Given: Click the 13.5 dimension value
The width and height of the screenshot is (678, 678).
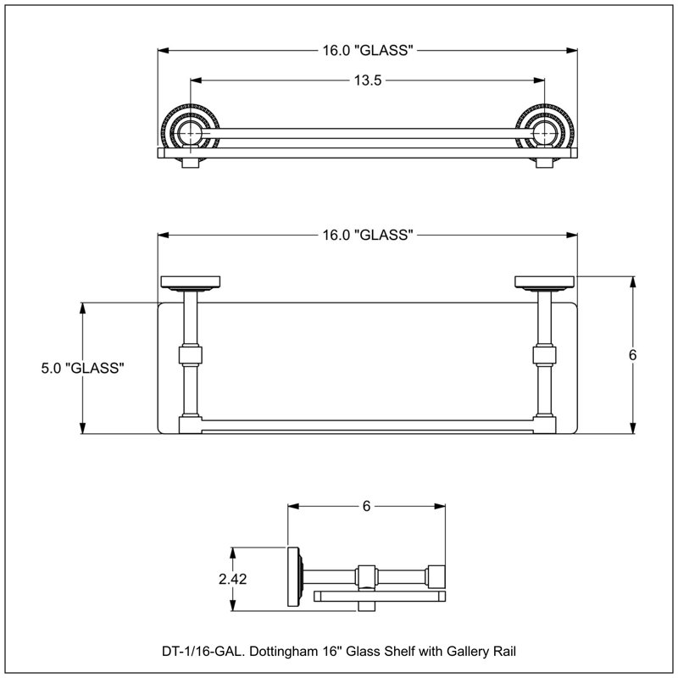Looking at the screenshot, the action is click(x=368, y=81).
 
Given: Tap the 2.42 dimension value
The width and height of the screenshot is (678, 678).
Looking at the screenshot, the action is click(x=232, y=579).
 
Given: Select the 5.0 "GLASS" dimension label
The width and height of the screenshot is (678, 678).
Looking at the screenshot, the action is click(x=82, y=368).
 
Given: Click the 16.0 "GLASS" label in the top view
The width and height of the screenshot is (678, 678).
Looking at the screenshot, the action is click(x=368, y=51).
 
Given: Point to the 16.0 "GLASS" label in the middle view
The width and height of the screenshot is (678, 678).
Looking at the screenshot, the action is click(x=368, y=236).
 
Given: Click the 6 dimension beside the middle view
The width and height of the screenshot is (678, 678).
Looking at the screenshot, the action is click(x=632, y=355).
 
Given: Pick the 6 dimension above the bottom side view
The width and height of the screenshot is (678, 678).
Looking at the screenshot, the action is click(x=367, y=506).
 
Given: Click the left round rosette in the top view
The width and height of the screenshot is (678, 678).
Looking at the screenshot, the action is click(x=190, y=133).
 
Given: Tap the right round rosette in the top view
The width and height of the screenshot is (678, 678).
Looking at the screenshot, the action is click(x=545, y=133).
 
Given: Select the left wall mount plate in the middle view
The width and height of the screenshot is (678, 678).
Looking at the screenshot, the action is click(x=190, y=282).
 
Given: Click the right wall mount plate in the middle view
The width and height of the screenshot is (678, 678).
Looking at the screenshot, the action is click(x=545, y=282).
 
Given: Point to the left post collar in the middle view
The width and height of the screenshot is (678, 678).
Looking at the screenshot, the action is click(x=190, y=354).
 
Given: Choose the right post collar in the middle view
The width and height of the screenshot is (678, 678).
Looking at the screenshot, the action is click(x=545, y=354).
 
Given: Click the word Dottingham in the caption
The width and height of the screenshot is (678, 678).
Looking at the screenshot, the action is click(x=283, y=651).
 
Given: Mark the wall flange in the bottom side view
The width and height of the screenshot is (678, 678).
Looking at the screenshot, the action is click(x=295, y=577).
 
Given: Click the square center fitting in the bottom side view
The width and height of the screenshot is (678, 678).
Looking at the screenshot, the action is click(x=367, y=577).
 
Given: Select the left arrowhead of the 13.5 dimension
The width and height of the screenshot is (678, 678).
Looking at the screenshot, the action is click(x=196, y=81).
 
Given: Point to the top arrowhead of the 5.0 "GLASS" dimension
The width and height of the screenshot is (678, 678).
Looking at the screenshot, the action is click(x=82, y=308).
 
